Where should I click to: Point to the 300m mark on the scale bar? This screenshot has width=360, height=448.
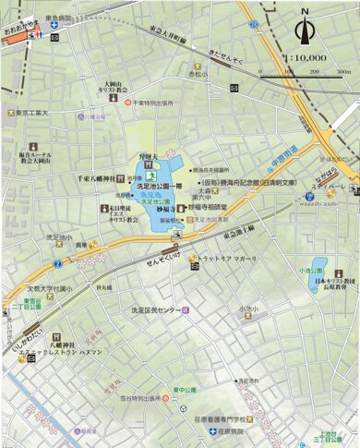point(343,70)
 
